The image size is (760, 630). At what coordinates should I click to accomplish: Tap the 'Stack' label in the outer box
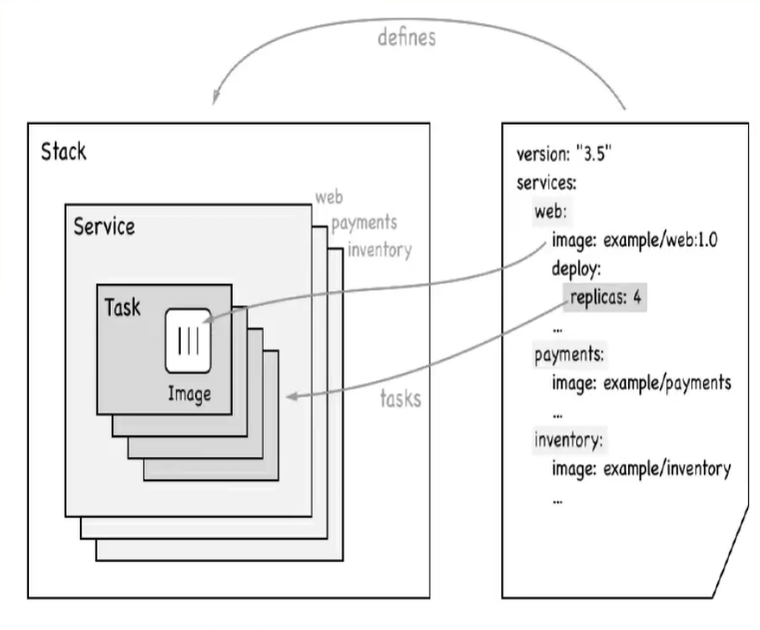[x=64, y=153]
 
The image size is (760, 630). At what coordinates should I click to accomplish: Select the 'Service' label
[x=104, y=227]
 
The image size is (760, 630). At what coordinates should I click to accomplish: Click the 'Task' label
[x=123, y=307]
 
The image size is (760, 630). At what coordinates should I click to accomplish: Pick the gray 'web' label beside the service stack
[x=330, y=197]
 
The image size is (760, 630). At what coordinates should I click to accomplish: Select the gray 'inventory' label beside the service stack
[x=379, y=249]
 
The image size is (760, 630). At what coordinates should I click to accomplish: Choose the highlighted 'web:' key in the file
[x=551, y=213]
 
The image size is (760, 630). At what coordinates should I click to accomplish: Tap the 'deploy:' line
[x=578, y=269]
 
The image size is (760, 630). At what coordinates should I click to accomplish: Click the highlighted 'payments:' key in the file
[x=569, y=353]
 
